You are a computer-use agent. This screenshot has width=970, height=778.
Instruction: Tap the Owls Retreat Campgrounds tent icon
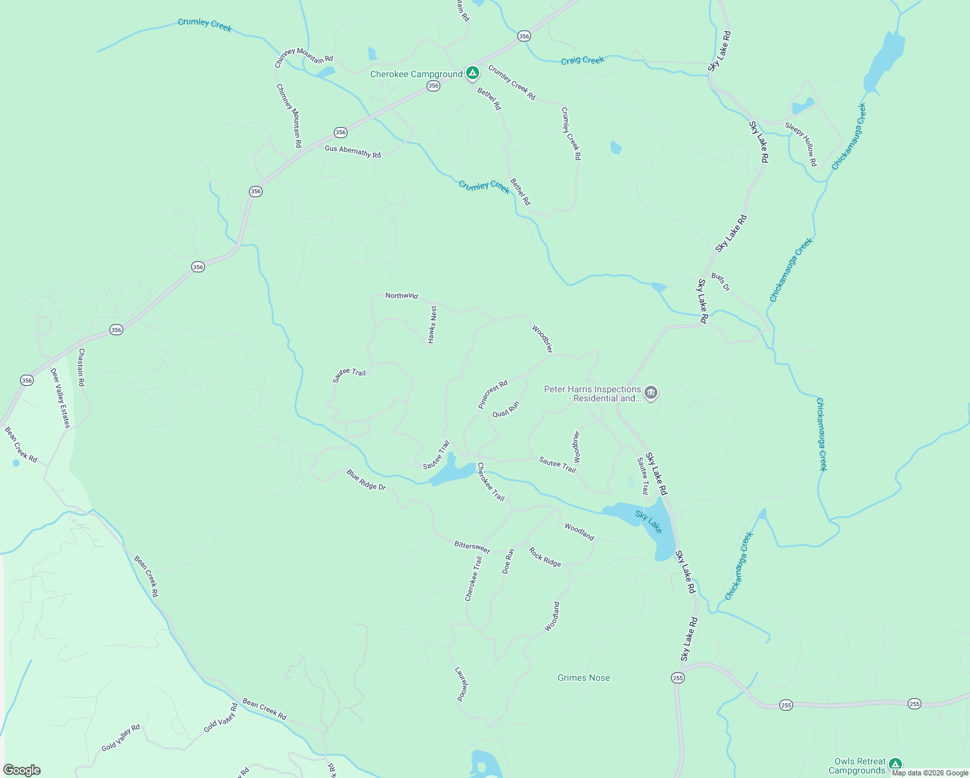click(895, 764)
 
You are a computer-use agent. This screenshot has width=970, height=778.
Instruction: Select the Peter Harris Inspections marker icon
click(651, 392)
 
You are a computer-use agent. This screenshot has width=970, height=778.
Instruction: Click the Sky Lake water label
click(648, 522)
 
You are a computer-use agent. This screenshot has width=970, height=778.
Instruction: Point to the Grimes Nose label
click(584, 678)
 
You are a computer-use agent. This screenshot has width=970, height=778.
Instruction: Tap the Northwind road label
click(401, 296)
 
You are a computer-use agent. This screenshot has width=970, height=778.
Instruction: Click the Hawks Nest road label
click(432, 324)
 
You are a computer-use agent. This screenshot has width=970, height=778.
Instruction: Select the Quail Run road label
click(506, 410)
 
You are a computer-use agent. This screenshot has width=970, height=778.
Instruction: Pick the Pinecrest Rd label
click(493, 394)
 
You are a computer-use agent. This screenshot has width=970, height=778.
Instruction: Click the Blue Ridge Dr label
click(366, 480)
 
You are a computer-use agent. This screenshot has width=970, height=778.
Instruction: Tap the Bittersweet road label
click(472, 547)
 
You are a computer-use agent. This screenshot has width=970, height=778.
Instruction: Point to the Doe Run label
click(508, 561)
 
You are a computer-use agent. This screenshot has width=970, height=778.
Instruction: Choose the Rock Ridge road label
click(545, 558)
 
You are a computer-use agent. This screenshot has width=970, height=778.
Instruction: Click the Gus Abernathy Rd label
click(353, 152)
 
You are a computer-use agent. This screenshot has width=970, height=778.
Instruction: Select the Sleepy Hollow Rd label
click(801, 144)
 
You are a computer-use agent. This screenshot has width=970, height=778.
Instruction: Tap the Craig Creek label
click(582, 60)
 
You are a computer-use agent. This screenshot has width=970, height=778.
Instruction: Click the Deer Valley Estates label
click(60, 398)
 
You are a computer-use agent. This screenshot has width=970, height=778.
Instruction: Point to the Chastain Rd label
click(82, 368)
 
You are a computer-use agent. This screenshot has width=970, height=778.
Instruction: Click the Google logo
click(21, 770)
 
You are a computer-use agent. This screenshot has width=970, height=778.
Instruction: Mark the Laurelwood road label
click(461, 684)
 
